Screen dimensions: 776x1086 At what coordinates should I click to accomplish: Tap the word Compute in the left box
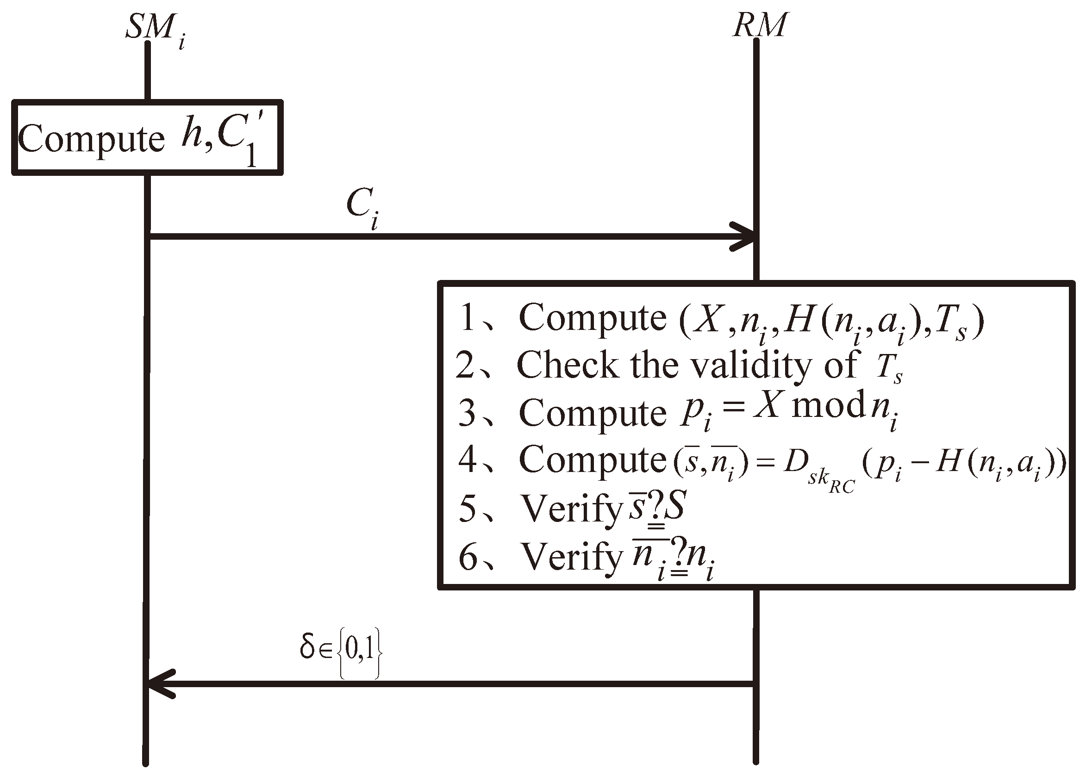tap(91, 138)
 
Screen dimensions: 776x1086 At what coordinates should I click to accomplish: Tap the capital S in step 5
tap(675, 506)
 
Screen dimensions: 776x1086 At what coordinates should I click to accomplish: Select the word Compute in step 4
tap(593, 459)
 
